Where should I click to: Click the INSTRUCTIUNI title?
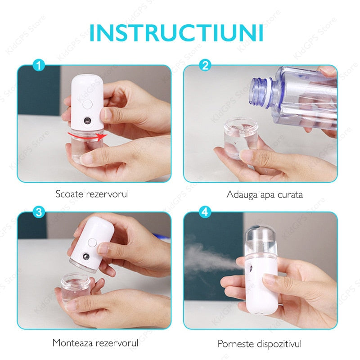pos(176,32)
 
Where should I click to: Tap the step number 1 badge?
pos(39,65)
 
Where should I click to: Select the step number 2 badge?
pos(205,65)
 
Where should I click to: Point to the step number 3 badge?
pos(39,212)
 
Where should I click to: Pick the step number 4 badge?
pos(205,212)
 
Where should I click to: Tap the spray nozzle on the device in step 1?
pos(87,120)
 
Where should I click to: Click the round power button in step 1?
pos(87,104)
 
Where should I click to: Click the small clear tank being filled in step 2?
pos(241,137)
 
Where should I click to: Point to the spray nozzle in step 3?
pos(86,256)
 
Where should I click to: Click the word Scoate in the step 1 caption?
pos(69,194)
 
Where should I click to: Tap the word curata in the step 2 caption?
pos(290,195)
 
